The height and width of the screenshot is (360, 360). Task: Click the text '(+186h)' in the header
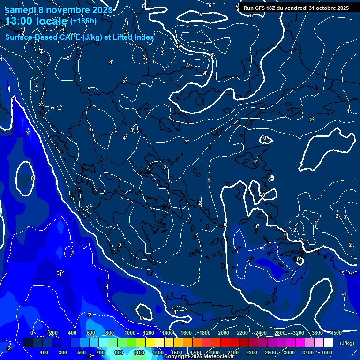point(83,21)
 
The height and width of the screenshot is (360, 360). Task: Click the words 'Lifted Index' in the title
point(134,37)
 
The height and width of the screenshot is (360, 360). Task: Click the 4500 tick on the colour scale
point(336,333)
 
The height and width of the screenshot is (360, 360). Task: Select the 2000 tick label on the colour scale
point(224,333)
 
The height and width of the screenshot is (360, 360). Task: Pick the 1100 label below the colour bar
point(139,352)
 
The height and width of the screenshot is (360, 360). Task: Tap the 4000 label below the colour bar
point(327,352)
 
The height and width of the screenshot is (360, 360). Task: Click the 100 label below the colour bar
point(45,352)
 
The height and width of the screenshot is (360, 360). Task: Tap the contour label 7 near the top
point(204,44)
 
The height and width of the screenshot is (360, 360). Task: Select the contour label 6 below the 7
point(212,55)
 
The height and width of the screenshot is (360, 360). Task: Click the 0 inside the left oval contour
point(32,178)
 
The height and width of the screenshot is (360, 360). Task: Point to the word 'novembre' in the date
point(71,10)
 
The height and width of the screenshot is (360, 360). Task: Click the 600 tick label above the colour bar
point(90,333)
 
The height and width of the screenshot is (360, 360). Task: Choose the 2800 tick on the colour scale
point(280,333)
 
